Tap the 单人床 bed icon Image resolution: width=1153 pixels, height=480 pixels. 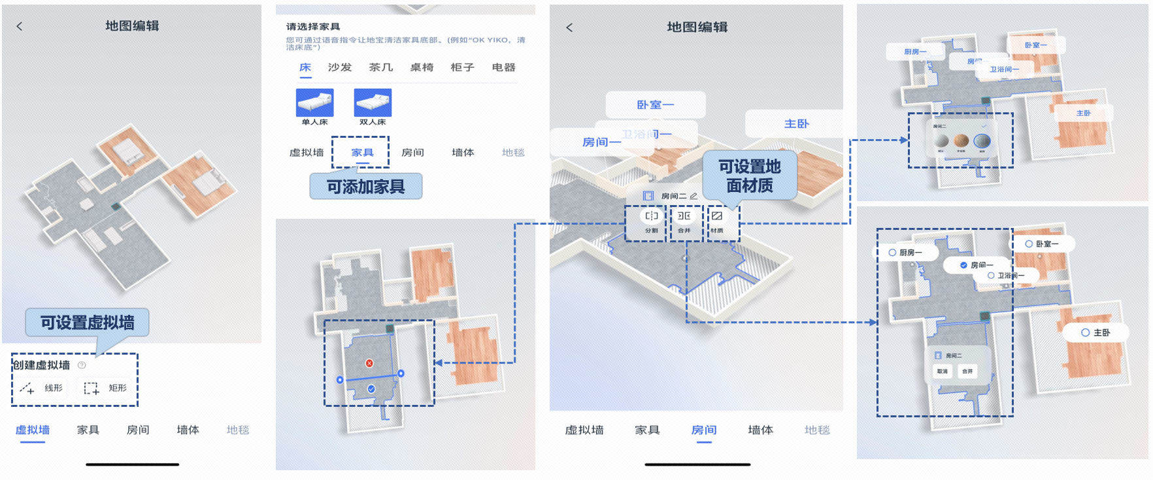click(x=314, y=103)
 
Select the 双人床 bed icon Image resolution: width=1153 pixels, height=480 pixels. click(x=373, y=103)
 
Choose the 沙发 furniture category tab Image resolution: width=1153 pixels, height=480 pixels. click(x=340, y=67)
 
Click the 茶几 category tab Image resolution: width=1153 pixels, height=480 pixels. click(x=381, y=67)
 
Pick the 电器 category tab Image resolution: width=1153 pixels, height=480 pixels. click(x=503, y=67)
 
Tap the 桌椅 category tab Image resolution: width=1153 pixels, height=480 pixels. click(x=422, y=67)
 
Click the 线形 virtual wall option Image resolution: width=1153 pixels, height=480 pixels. click(x=42, y=388)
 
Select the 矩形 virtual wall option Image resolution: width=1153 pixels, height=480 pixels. click(x=105, y=388)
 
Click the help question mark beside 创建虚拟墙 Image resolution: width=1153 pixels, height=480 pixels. click(x=82, y=365)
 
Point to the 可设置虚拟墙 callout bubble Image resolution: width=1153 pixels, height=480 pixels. click(x=87, y=322)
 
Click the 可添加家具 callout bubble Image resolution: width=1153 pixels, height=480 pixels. click(x=365, y=187)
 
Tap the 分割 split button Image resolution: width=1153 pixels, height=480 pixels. click(x=652, y=221)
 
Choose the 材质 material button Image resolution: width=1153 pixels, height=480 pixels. click(x=717, y=221)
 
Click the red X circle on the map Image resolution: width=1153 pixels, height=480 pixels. click(x=369, y=363)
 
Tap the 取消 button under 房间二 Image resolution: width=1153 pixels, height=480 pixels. click(x=942, y=371)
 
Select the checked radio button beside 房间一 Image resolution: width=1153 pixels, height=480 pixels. click(x=963, y=265)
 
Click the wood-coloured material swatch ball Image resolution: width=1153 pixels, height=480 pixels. click(x=961, y=140)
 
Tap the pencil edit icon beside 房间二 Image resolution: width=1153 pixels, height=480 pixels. click(x=693, y=196)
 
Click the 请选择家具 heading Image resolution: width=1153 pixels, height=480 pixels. click(x=313, y=27)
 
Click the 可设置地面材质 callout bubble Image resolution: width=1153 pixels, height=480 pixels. click(x=750, y=176)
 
